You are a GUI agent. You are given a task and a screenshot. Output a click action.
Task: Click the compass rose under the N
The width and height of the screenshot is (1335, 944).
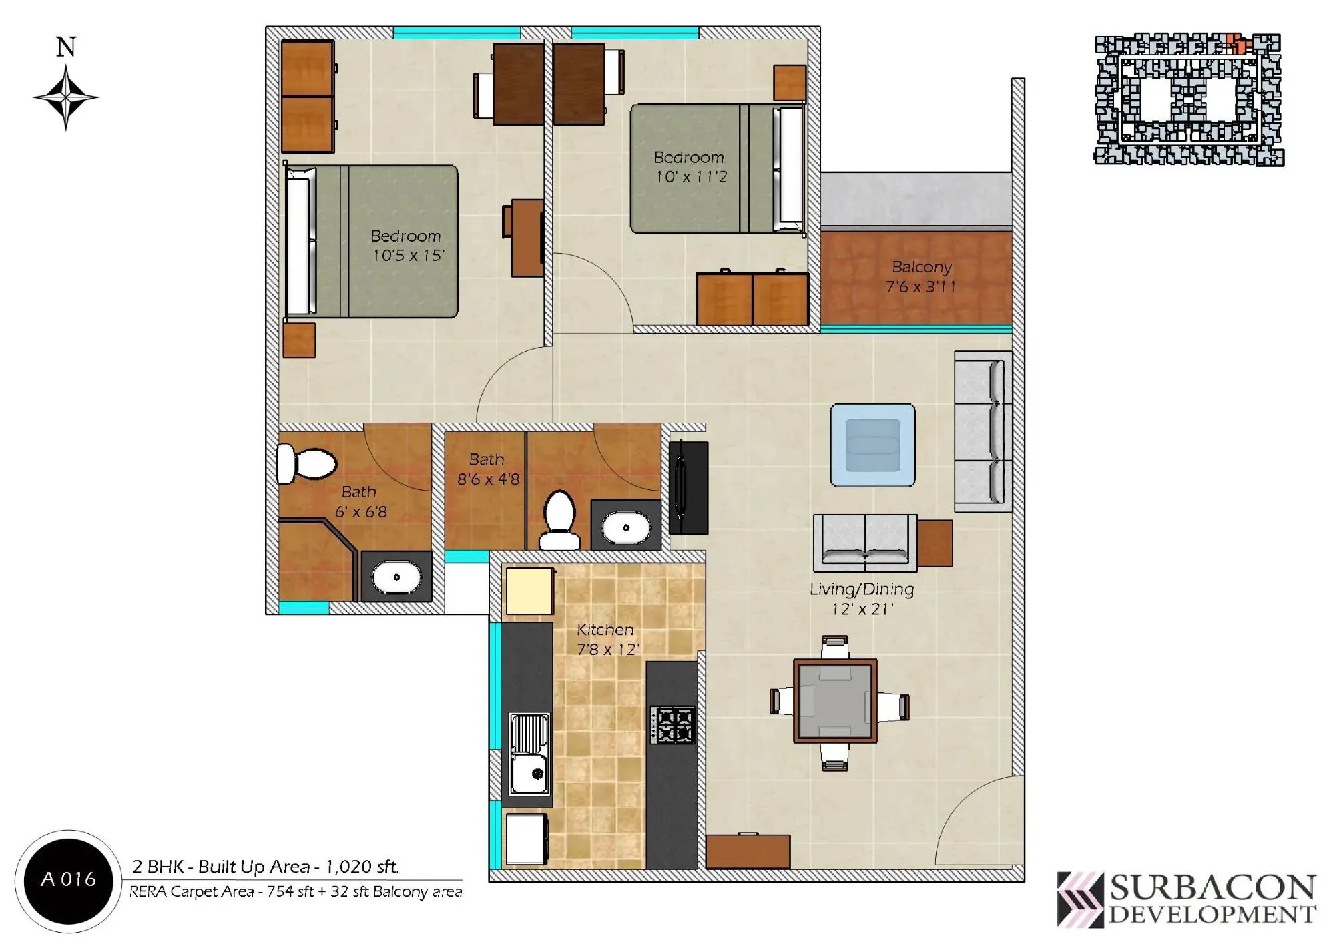(x=65, y=97)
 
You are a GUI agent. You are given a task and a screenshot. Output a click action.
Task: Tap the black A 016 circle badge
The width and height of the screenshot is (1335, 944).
(x=68, y=880)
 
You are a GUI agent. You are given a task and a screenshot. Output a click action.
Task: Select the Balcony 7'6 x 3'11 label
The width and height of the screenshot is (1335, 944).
(x=921, y=277)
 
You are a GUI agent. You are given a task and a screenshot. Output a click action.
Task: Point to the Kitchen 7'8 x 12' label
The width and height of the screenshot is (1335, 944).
(x=607, y=639)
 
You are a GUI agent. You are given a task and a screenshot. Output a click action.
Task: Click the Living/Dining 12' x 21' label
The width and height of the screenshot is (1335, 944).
(x=862, y=599)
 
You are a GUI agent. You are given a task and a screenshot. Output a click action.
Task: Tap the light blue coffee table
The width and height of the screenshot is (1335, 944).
(x=872, y=445)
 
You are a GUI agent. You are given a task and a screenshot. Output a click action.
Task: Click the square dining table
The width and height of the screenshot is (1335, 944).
(x=835, y=701)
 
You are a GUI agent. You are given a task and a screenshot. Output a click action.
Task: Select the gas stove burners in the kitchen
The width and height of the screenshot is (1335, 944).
(x=673, y=725)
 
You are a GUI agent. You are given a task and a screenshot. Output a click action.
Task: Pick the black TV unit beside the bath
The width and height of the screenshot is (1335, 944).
(x=688, y=487)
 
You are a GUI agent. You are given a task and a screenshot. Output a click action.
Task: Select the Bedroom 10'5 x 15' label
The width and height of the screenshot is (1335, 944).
(x=407, y=246)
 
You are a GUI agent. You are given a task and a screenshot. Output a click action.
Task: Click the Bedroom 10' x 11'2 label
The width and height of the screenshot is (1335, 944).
(x=690, y=167)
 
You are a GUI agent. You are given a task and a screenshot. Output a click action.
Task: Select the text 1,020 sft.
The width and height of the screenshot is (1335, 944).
(x=361, y=867)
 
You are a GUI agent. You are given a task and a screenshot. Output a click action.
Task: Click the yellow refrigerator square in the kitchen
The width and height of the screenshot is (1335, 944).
(x=529, y=591)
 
